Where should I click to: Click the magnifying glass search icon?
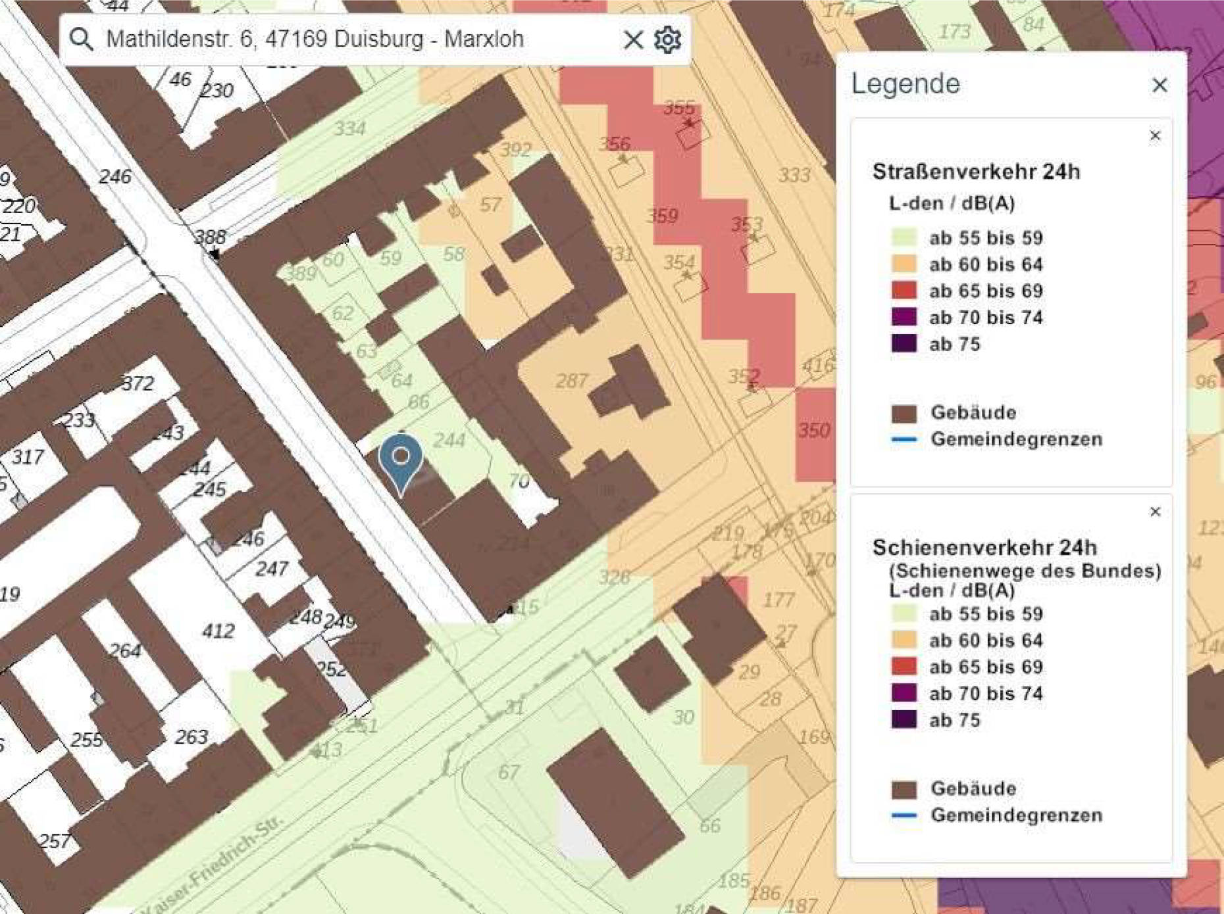[x=82, y=39]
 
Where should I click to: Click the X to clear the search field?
[x=633, y=39]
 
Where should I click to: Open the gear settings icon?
[x=667, y=39]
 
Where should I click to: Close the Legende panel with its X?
[x=1160, y=85]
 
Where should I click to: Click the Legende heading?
[x=905, y=84]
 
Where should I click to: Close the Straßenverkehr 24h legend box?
[x=1155, y=135]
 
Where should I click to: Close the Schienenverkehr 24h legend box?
[x=1155, y=512]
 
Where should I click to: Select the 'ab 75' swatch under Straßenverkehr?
[x=904, y=344]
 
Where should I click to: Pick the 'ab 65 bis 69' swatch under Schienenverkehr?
[x=904, y=667]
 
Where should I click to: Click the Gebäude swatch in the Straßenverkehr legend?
[x=904, y=413]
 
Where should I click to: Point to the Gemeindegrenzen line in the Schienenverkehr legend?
[x=904, y=815]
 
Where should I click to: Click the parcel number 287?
[x=571, y=381]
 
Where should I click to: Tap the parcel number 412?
[x=218, y=631]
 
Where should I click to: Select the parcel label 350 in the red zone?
[x=814, y=430]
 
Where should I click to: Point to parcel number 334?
[x=349, y=128]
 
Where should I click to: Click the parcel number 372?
[x=138, y=383]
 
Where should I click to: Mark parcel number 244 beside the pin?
[x=449, y=440]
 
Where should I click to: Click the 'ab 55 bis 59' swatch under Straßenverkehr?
[x=904, y=237]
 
